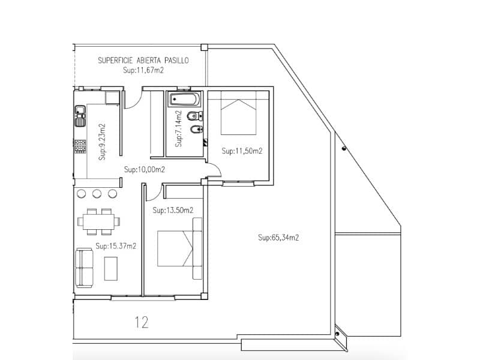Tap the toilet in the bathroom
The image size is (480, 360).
click(192, 115)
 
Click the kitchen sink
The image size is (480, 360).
click(79, 116)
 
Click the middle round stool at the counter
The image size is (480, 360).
click(97, 193)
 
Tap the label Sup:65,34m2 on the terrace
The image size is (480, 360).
click(278, 238)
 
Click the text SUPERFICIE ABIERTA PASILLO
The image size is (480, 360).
click(143, 61)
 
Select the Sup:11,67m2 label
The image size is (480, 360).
click(143, 70)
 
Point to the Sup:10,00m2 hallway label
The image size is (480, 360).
click(145, 170)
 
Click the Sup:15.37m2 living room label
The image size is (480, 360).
click(116, 246)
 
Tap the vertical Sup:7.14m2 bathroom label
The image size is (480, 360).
click(178, 129)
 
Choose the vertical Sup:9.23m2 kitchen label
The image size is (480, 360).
click(102, 142)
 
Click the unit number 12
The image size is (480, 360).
click(142, 322)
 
